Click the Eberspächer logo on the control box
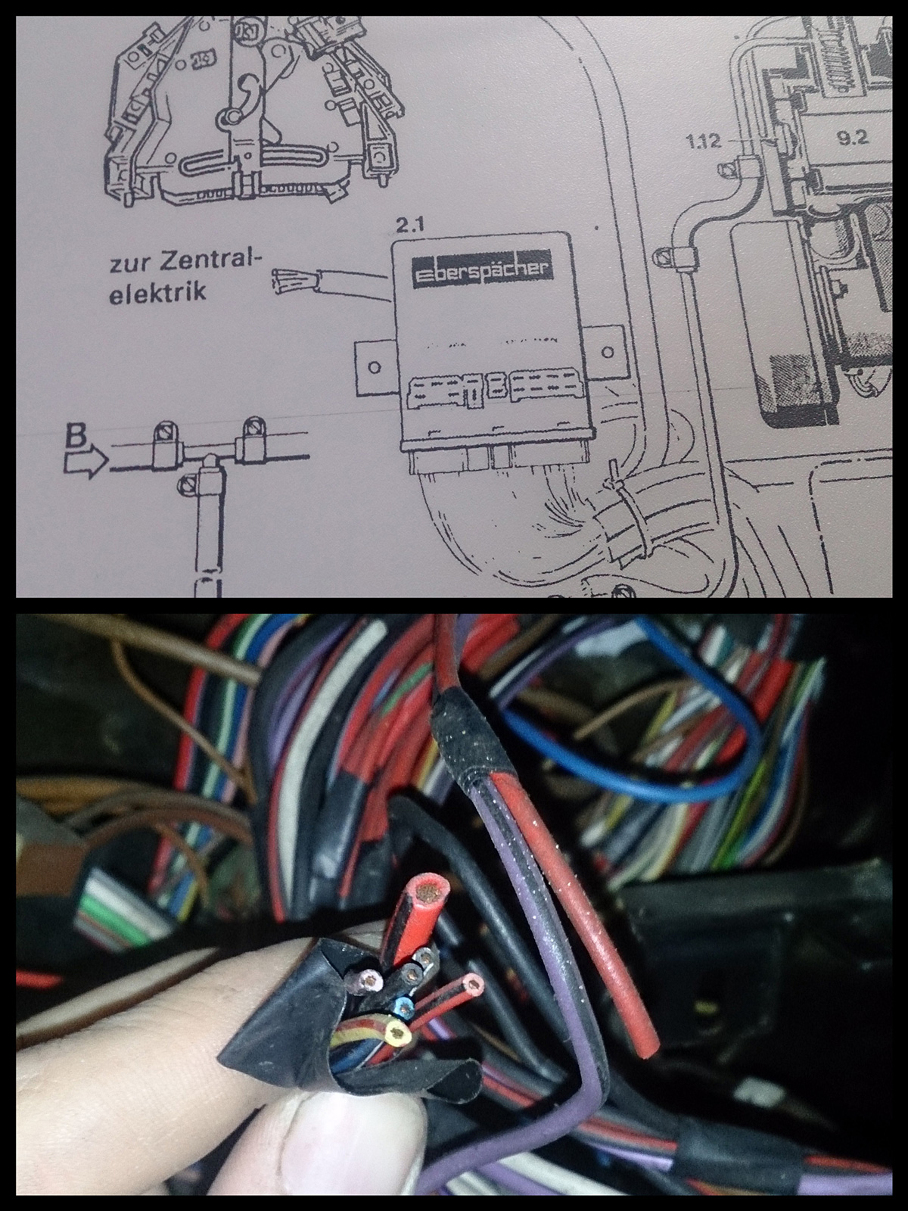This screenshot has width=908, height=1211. [480, 269]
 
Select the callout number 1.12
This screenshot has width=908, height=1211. [704, 142]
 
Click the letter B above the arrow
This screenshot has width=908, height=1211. [76, 437]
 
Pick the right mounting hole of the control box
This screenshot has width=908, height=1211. [608, 351]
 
